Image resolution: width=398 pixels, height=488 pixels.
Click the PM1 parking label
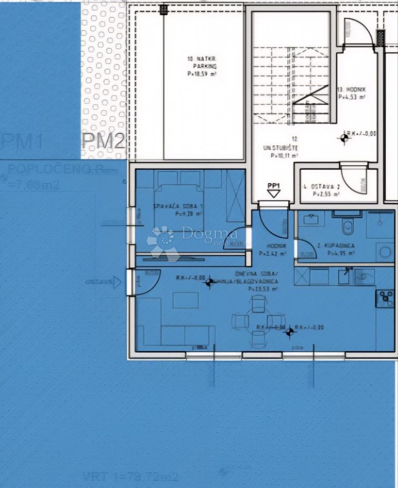pos(22,142)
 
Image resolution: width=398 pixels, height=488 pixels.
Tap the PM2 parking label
pos(103,142)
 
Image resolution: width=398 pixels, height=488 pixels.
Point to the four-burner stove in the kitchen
pos(385,298)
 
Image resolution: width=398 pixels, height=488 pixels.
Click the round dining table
pos(258,321)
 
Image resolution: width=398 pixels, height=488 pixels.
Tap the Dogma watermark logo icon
pos(163,243)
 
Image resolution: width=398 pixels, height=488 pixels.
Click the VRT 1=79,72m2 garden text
pos(130,476)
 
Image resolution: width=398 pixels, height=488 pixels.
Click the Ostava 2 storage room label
pos(321,190)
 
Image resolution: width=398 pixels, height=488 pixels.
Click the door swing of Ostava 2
pos(354,179)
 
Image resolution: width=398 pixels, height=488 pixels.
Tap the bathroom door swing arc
pos(306,249)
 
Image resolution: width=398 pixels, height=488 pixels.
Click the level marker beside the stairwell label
pos(344,139)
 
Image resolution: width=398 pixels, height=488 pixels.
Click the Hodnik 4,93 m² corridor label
pos(351,93)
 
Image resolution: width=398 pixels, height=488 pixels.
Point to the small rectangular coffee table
pos(186,300)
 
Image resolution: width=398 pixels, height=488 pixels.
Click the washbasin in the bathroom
pos(311,218)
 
